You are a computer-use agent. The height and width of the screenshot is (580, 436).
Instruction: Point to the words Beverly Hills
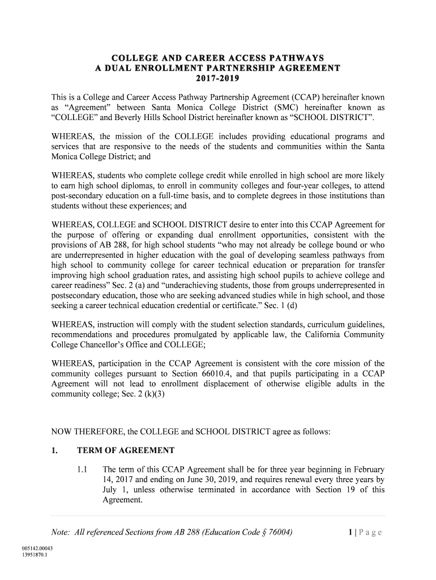click(x=161, y=117)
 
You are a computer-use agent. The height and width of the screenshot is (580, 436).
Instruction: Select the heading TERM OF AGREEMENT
click(x=126, y=451)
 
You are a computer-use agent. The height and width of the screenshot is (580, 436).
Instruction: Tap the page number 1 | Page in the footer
click(x=362, y=532)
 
